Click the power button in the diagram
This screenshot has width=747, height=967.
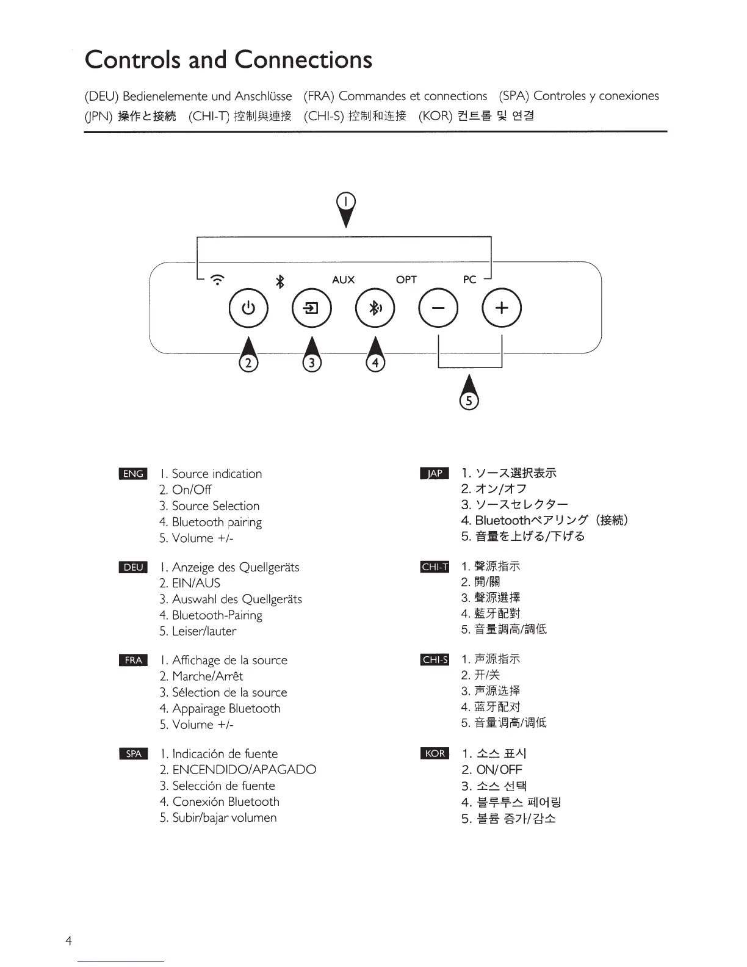pyautogui.click(x=248, y=308)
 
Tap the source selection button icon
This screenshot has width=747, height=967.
pyautogui.click(x=312, y=308)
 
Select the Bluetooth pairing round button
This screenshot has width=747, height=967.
pyautogui.click(x=375, y=308)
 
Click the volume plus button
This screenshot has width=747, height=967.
pyautogui.click(x=502, y=308)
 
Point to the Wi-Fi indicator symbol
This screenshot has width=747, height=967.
pyautogui.click(x=217, y=280)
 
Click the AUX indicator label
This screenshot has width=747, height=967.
pyautogui.click(x=343, y=280)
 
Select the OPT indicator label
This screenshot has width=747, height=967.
pyautogui.click(x=406, y=280)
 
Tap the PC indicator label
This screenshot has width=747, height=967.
pyautogui.click(x=469, y=280)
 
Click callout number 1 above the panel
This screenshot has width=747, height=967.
pyautogui.click(x=346, y=201)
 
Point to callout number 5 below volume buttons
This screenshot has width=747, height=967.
pyautogui.click(x=469, y=400)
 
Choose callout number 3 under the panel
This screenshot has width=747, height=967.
pyautogui.click(x=312, y=363)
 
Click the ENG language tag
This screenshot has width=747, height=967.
pyautogui.click(x=133, y=474)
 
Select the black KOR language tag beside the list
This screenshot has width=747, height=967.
pyautogui.click(x=435, y=753)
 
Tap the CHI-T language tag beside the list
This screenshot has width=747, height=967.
pyautogui.click(x=435, y=567)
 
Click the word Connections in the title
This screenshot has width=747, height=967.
pyautogui.click(x=303, y=60)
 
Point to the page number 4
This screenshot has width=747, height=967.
pyautogui.click(x=68, y=941)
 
